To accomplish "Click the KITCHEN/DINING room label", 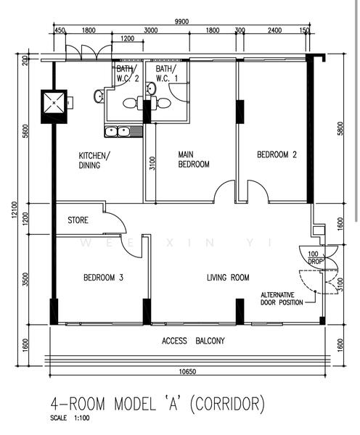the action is pyautogui.click(x=94, y=160).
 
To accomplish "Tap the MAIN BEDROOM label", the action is pyautogui.click(x=194, y=159).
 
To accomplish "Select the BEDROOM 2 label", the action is pyautogui.click(x=277, y=154).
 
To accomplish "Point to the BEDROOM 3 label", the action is pyautogui.click(x=103, y=278).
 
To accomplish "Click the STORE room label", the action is pyautogui.click(x=78, y=220).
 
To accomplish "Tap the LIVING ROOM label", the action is pyautogui.click(x=228, y=278).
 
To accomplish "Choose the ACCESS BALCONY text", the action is pyautogui.click(x=193, y=341).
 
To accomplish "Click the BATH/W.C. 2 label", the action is pyautogui.click(x=127, y=73).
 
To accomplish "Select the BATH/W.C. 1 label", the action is pyautogui.click(x=166, y=73).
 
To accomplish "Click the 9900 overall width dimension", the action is pyautogui.click(x=181, y=22).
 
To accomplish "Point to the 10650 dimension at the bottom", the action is pyautogui.click(x=187, y=371).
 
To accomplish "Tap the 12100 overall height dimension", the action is pyautogui.click(x=15, y=210).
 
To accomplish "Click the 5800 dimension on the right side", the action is pyautogui.click(x=340, y=128).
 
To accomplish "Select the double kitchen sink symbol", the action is pyautogui.click(x=123, y=131).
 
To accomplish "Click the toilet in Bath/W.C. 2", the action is pyautogui.click(x=130, y=103).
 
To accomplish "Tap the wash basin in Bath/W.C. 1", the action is pyautogui.click(x=151, y=88).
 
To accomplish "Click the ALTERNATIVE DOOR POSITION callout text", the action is pyautogui.click(x=282, y=299).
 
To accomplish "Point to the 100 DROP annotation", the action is pyautogui.click(x=315, y=257).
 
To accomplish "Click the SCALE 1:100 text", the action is pyautogui.click(x=70, y=418).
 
